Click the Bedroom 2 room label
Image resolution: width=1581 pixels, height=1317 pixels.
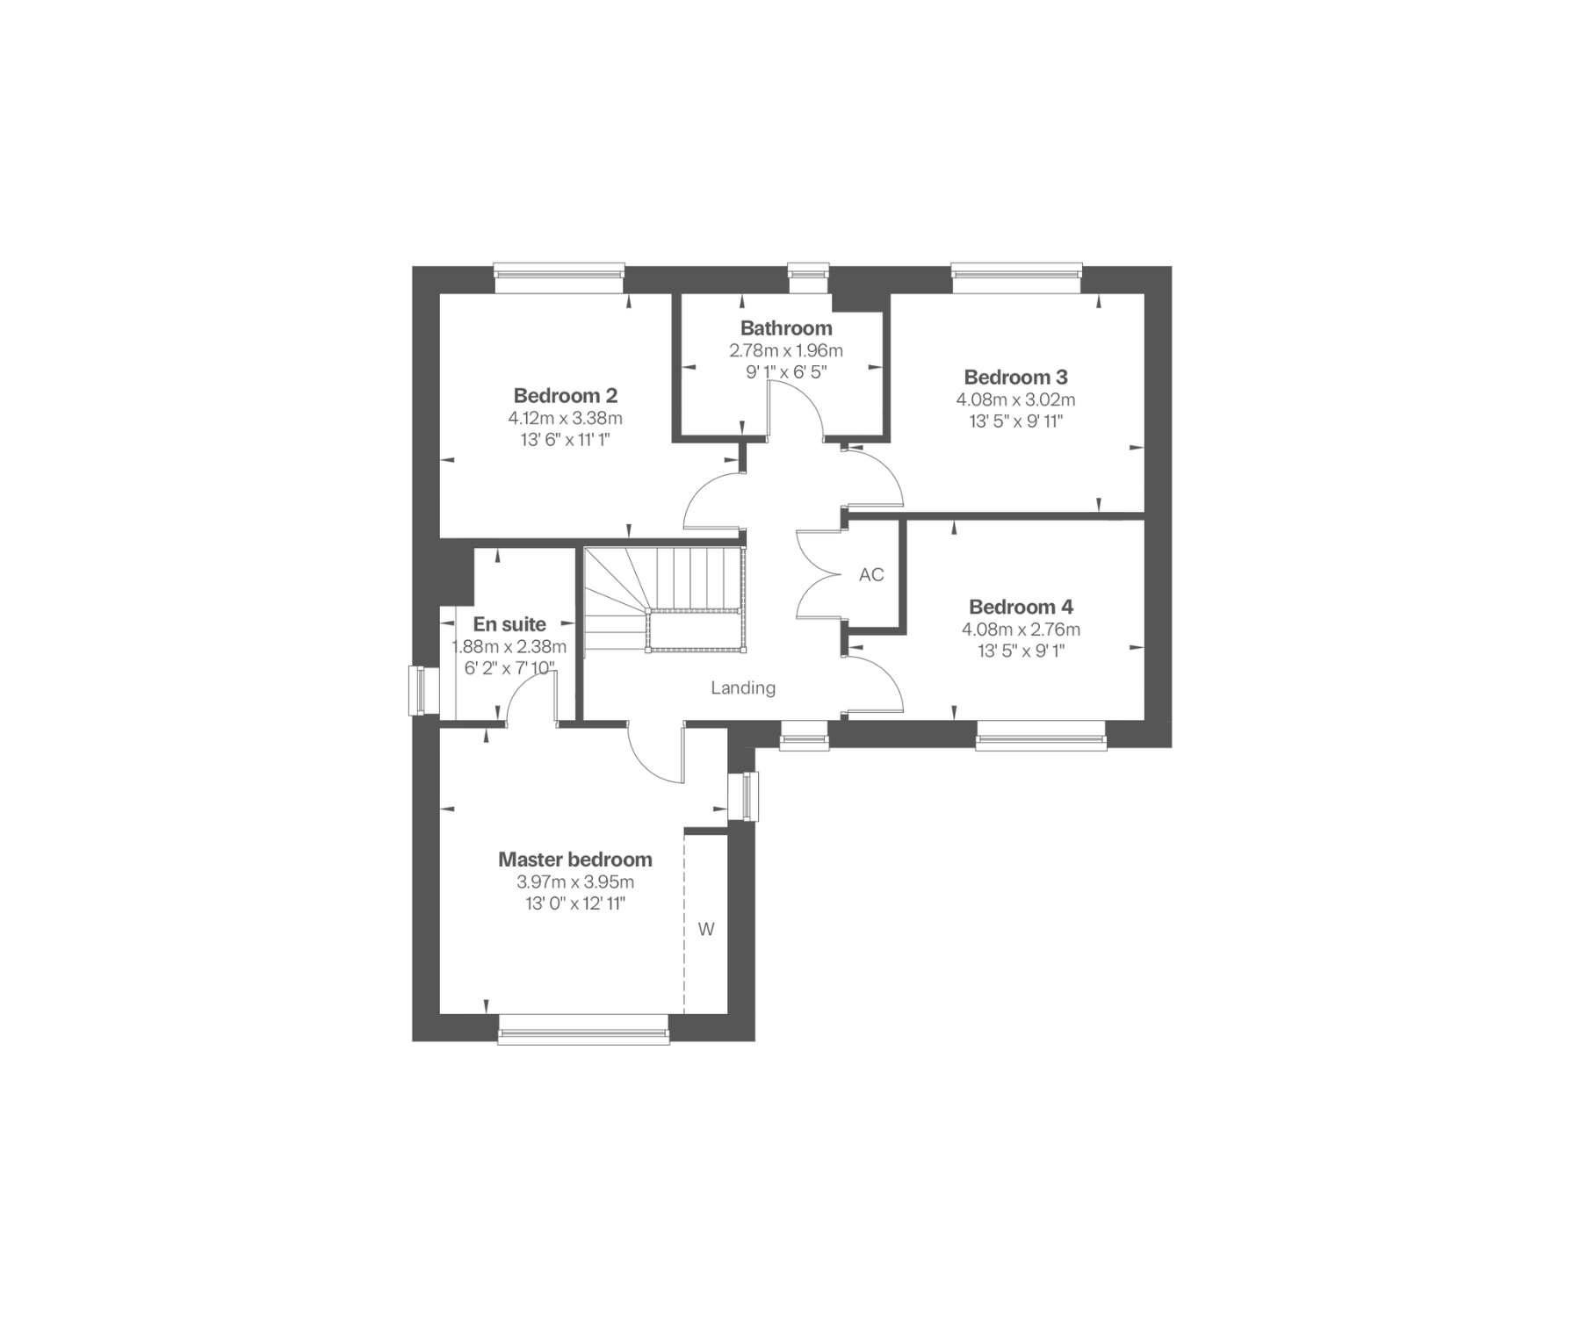[x=566, y=395]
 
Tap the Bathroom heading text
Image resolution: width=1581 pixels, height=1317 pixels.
[x=786, y=328]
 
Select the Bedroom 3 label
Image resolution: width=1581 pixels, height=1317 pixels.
[x=1015, y=378]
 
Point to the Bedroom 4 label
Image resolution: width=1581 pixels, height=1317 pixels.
[x=1021, y=607]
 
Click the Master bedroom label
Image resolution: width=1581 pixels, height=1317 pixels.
[x=575, y=860]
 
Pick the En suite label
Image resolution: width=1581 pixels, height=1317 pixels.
[x=509, y=624]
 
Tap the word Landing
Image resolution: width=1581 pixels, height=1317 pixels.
[x=743, y=688]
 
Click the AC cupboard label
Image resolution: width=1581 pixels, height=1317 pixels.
[x=871, y=575]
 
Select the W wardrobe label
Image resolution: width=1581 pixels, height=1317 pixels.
[x=706, y=929]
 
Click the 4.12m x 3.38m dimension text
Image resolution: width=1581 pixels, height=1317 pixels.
[x=565, y=418]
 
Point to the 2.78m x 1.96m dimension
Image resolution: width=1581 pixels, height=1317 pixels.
[x=786, y=350]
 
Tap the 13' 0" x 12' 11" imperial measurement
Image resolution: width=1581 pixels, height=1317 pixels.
[x=575, y=903]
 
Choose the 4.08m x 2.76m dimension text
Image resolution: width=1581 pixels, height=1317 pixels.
[x=1021, y=630]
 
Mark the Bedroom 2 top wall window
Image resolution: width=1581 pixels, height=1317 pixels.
[x=559, y=278]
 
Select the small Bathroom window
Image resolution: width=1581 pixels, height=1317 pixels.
[x=808, y=277]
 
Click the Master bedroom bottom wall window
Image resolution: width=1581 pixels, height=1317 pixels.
[x=583, y=1028]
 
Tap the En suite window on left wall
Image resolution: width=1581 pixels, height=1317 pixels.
[x=425, y=692]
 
